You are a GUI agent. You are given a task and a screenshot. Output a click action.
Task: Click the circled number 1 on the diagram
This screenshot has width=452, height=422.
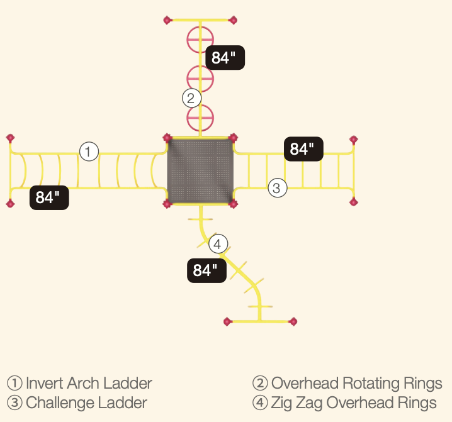pyautogui.click(x=89, y=152)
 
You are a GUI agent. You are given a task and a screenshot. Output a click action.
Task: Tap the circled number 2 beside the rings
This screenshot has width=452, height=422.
pyautogui.click(x=191, y=98)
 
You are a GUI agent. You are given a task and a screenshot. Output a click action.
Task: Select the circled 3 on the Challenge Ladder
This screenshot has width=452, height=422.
pyautogui.click(x=278, y=187)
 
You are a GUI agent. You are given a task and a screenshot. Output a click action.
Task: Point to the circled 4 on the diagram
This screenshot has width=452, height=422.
pyautogui.click(x=217, y=244)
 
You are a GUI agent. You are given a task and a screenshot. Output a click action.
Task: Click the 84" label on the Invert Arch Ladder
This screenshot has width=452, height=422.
pyautogui.click(x=48, y=197)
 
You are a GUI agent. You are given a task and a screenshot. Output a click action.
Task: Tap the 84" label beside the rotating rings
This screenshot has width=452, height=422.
pyautogui.click(x=224, y=58)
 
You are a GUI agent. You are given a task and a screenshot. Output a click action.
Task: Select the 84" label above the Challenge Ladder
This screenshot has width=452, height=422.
pyautogui.click(x=303, y=149)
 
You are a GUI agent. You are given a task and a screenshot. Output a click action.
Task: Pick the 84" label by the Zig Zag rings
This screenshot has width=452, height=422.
pyautogui.click(x=206, y=270)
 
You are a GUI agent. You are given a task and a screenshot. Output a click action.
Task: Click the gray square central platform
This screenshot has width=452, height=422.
pyautogui.click(x=200, y=171)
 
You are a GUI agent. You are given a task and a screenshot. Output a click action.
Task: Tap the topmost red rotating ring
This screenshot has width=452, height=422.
pyautogui.click(x=200, y=39)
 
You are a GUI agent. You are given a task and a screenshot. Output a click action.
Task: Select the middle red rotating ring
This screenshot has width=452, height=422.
pyautogui.click(x=200, y=79)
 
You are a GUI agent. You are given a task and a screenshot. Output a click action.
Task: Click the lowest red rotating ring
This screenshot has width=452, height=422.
pyautogui.click(x=200, y=117)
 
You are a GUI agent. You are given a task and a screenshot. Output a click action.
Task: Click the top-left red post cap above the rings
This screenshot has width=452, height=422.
pyautogui.click(x=167, y=21)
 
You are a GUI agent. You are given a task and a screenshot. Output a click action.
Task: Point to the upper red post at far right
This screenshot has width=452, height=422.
pyautogui.click(x=353, y=140)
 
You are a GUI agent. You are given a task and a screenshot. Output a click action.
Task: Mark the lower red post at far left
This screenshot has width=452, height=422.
pyautogui.click(x=10, y=203)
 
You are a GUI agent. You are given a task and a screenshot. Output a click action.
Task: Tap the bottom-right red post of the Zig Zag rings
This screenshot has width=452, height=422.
pyautogui.click(x=292, y=321)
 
